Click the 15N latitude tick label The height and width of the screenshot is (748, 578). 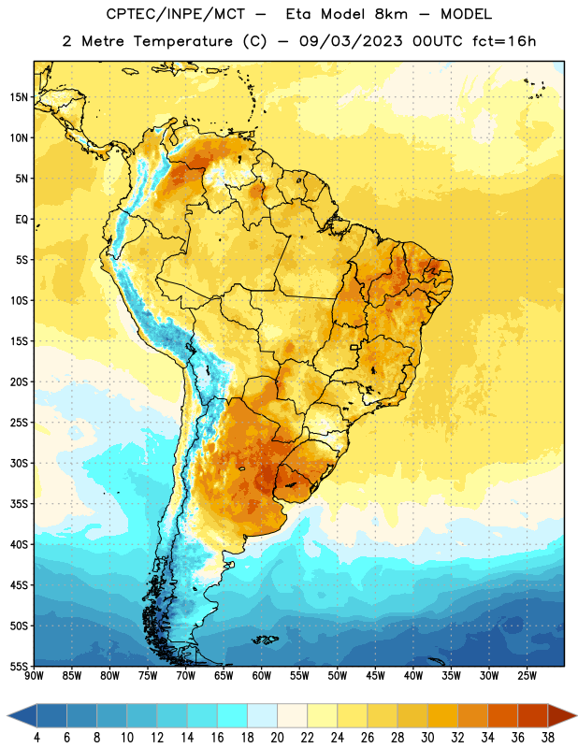click(19, 97)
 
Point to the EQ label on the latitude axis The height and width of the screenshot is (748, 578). click(22, 220)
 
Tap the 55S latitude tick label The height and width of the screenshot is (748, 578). click(19, 667)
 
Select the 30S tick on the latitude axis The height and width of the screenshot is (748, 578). click(19, 463)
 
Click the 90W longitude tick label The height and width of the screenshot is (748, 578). click(34, 676)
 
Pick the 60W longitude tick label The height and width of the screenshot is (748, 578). click(262, 676)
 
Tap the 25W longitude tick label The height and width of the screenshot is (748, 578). click(527, 676)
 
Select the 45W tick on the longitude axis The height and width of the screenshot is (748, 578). click(375, 676)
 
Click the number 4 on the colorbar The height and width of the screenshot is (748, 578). click(36, 738)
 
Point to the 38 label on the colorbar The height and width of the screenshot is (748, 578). click(548, 738)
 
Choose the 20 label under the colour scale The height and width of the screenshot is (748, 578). click(277, 738)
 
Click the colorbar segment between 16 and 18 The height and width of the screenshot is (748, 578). click(233, 715)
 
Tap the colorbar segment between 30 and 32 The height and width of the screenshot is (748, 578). click(442, 715)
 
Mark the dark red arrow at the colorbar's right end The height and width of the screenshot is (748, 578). click(561, 715)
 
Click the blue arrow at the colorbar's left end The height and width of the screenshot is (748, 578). click(22, 715)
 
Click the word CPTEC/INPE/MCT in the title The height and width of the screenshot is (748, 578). click(176, 14)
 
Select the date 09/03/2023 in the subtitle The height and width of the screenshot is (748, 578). click(351, 41)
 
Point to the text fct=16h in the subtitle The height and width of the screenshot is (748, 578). click(504, 41)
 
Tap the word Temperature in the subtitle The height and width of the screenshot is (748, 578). click(182, 41)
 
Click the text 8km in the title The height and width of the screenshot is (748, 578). click(391, 14)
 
